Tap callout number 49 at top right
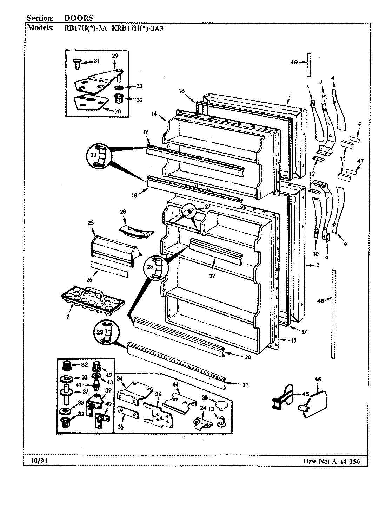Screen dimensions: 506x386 294,62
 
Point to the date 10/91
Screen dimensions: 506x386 35,461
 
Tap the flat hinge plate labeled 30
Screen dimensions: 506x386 88,104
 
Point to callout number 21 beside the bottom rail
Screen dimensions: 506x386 245,385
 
